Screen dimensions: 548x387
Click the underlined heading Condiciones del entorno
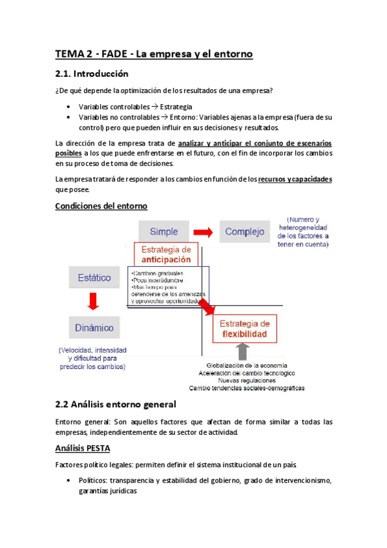101,205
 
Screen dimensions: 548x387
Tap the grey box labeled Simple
163,231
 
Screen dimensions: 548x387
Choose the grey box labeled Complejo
245,231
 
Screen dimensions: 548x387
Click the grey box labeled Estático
94,278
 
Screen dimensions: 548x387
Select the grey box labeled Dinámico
95,327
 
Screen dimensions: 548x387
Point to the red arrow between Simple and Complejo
204,231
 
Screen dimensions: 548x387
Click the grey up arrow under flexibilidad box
242,352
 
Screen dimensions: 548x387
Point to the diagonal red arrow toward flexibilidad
208,306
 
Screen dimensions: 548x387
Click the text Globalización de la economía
246,365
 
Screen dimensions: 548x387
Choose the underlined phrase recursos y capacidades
295,179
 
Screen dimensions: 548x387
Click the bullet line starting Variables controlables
135,107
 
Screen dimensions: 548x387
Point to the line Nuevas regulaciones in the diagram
246,381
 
